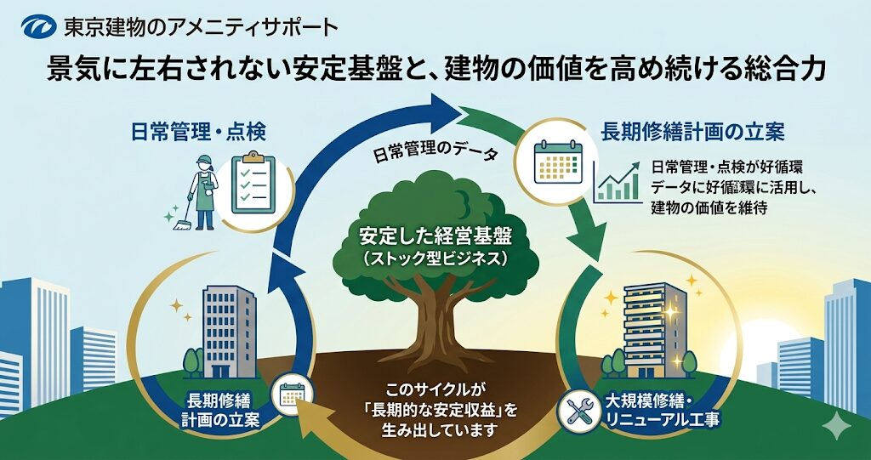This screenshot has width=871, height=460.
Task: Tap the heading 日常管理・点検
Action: tap(198, 132)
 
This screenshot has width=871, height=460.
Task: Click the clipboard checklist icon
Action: tap(255, 182)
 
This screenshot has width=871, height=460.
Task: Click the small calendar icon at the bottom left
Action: tap(292, 395)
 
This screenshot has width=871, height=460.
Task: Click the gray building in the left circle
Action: tap(228, 327)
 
